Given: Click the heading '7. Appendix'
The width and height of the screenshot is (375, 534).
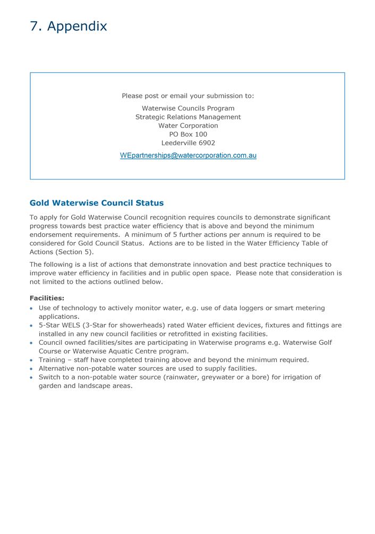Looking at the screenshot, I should (69, 26).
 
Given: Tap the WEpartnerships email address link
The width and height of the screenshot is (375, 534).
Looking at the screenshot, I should (188, 156).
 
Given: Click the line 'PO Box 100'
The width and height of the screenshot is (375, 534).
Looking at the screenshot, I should (188, 134).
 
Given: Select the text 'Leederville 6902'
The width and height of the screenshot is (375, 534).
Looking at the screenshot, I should (188, 143).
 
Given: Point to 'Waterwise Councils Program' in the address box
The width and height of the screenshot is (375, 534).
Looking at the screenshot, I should (188, 108).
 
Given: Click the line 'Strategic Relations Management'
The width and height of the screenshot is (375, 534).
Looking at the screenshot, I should (188, 117).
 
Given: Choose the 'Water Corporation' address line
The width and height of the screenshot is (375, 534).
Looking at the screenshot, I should (188, 126).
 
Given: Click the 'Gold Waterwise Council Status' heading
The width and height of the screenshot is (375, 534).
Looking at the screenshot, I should (97, 203).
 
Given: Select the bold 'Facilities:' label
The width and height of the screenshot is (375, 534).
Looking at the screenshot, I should (47, 299).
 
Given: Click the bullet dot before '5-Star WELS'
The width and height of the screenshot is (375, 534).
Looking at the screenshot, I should (32, 326).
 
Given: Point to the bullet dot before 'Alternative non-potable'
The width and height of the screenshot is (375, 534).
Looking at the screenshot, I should (32, 369).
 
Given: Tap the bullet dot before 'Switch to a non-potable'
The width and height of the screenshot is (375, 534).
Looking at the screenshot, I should (32, 378).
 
